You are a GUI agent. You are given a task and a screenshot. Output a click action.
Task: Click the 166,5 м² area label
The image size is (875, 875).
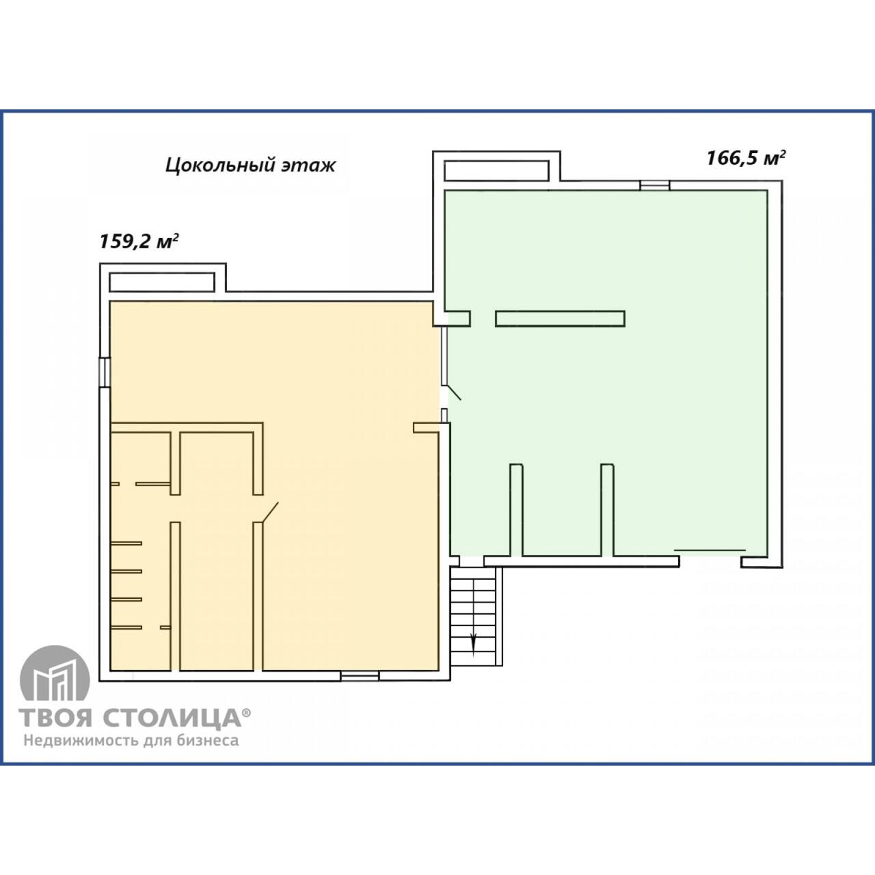coord(746,158)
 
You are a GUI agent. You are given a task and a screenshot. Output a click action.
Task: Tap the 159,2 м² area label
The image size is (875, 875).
coord(138,241)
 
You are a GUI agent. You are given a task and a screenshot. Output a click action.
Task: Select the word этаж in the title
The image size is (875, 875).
coord(308,165)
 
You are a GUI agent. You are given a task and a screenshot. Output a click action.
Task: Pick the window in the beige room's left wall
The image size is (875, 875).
coord(105,372)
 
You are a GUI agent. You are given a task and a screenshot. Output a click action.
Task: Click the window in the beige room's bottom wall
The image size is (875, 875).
coord(360,676)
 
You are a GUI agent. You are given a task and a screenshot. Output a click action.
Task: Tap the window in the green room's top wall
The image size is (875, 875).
coord(654,185)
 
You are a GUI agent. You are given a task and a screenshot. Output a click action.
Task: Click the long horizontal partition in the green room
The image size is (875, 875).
coord(560,319)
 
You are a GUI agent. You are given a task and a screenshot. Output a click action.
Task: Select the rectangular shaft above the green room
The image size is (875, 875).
coord(496,171)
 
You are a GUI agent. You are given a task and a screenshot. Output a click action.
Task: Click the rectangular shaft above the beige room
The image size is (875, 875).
coord(161,282)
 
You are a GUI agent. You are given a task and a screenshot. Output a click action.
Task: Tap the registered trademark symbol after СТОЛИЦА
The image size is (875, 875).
coord(247,712)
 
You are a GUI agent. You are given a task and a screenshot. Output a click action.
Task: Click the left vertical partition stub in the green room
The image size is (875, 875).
coord(516,509)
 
